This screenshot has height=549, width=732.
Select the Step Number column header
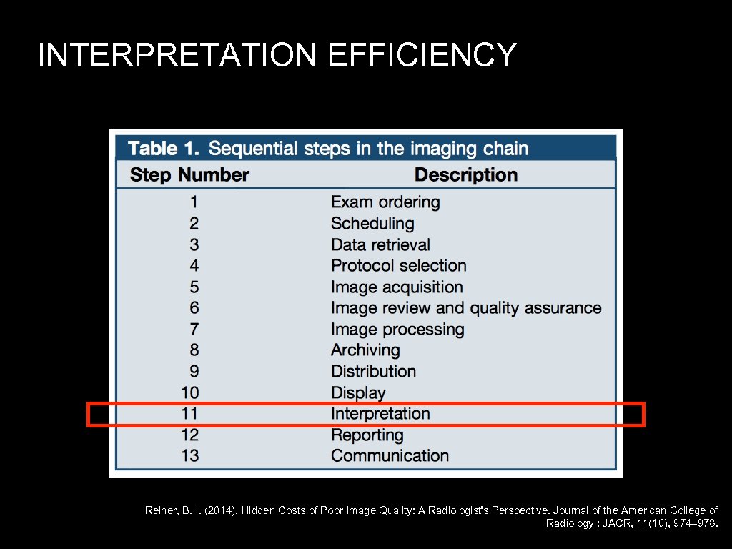tap(189, 175)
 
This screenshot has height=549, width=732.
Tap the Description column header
tap(465, 175)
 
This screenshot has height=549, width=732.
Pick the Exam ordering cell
tap(385, 202)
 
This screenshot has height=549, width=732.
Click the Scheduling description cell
tap(372, 224)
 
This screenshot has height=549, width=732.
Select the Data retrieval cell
tap(380, 244)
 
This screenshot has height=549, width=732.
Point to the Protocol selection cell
tap(398, 266)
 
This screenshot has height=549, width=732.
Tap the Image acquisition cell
tap(397, 287)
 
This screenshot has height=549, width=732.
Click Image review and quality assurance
tap(466, 308)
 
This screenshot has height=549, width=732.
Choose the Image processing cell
tap(397, 330)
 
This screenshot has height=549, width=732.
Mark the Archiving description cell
tap(365, 350)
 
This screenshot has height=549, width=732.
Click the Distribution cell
tap(373, 372)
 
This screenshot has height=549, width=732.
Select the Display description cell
tap(358, 392)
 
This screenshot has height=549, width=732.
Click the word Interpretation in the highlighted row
tap(380, 414)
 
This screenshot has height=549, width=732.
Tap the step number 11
tap(190, 414)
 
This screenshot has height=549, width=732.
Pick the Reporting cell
tap(367, 435)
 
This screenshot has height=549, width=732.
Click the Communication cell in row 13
tap(390, 456)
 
